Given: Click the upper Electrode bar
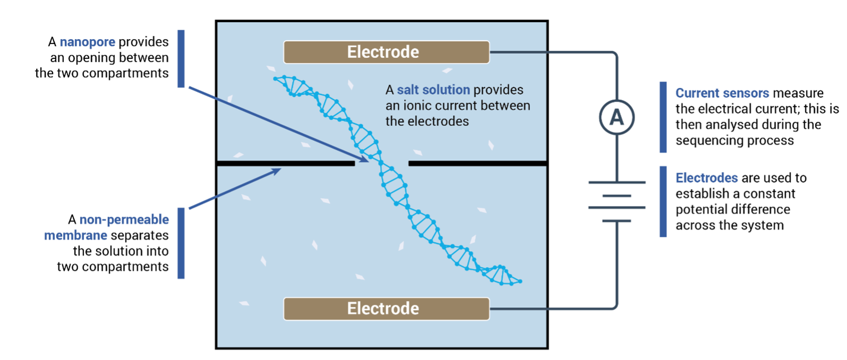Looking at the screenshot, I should pyautogui.click(x=386, y=52).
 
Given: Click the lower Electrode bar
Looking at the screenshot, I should pyautogui.click(x=386, y=308).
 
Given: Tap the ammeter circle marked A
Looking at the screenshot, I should pyautogui.click(x=616, y=117).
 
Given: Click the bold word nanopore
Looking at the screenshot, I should pyautogui.click(x=87, y=42).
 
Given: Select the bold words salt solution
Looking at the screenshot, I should pyautogui.click(x=433, y=90).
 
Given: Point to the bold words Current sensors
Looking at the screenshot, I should pyautogui.click(x=722, y=93).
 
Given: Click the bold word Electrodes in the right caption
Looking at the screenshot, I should pyautogui.click(x=706, y=178).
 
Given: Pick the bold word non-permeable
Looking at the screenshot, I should pyautogui.click(x=124, y=219).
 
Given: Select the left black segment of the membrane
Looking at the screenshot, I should pyautogui.click(x=286, y=164).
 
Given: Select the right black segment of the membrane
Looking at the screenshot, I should pyautogui.click(x=477, y=164).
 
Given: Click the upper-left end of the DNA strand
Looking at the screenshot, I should pyautogui.click(x=276, y=79).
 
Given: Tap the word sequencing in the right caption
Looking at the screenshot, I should pyautogui.click(x=709, y=141).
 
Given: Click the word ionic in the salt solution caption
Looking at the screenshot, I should pyautogui.click(x=421, y=106).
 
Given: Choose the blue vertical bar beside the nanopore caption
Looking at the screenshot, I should pyautogui.click(x=181, y=58).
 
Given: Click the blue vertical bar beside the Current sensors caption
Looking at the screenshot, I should pyautogui.click(x=663, y=117).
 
